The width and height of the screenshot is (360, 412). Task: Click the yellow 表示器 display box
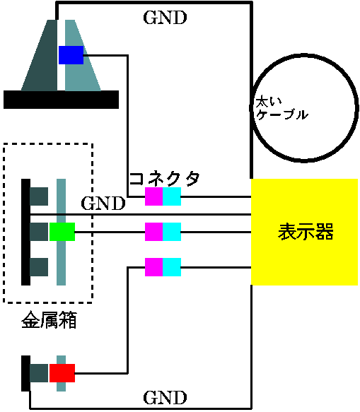304,232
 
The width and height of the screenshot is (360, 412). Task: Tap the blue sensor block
71,55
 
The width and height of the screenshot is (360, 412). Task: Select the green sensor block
62,232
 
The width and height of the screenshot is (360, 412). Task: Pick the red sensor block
62,373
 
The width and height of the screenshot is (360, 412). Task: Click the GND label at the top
165,18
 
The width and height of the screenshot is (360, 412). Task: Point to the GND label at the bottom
165,398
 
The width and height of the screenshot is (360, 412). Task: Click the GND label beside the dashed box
103,204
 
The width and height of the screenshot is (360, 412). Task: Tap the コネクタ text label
164,179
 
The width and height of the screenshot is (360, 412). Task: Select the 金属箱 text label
49,319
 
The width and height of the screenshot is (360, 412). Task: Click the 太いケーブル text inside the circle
281,109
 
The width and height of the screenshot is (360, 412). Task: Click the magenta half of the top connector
154,196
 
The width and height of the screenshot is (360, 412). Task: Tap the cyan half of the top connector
172,196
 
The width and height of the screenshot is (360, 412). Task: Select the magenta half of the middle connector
154,232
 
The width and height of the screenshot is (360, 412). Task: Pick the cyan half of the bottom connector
172,267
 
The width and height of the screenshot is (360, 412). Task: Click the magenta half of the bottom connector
154,267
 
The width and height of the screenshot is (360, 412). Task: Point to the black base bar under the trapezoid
61,100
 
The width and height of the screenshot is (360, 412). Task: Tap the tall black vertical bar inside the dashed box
25,232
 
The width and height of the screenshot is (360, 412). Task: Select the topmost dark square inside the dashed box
39,196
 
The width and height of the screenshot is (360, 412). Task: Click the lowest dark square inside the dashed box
39,267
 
